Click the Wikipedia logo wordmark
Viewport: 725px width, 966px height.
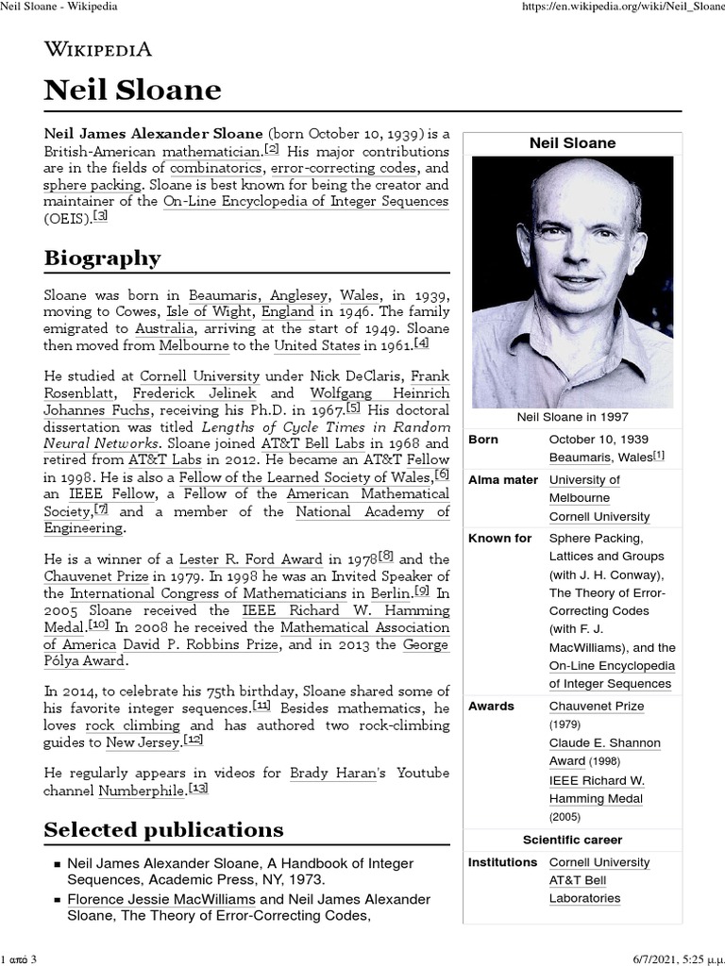tap(98, 50)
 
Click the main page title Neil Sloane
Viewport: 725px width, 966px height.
tap(132, 91)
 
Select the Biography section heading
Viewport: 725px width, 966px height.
tap(102, 258)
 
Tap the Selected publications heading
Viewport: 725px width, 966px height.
tap(163, 829)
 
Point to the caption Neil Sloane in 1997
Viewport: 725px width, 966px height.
tap(572, 416)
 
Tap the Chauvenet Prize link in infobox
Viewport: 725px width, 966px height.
tap(596, 706)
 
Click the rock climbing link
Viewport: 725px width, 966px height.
tap(133, 725)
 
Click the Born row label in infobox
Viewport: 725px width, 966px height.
tap(483, 440)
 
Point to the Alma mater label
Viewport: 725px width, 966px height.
tap(502, 480)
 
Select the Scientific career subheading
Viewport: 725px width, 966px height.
tap(572, 840)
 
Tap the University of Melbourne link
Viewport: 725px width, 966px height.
tap(584, 489)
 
